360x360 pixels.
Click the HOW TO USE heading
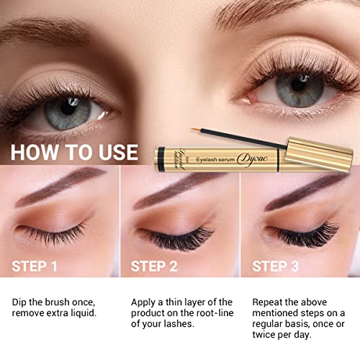click(x=74, y=151)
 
